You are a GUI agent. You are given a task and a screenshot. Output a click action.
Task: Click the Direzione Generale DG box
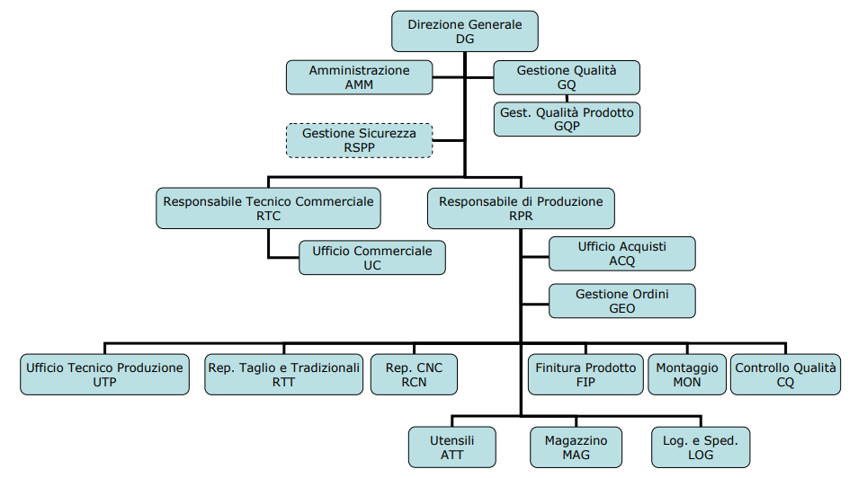[464, 31]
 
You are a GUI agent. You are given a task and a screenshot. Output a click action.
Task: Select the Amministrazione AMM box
[359, 77]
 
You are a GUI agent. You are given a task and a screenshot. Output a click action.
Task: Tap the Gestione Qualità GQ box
[567, 77]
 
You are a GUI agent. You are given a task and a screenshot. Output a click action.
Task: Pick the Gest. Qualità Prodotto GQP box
[567, 119]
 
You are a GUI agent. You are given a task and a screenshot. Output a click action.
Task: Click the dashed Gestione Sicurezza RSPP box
[359, 140]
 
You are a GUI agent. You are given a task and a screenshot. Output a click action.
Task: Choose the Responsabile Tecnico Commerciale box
[268, 208]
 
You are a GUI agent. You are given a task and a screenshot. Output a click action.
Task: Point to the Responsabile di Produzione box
[521, 208]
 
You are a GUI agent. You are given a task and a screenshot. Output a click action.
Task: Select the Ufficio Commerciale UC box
[371, 257]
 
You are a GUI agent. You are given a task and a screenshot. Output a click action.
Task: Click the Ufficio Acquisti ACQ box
[621, 253]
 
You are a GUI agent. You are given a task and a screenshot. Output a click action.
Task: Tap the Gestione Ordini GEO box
[621, 301]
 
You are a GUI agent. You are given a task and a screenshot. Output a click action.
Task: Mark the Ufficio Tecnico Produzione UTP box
[104, 375]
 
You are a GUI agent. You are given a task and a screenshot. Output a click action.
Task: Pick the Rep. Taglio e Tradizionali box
[283, 375]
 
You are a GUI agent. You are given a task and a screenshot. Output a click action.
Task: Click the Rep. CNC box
[414, 375]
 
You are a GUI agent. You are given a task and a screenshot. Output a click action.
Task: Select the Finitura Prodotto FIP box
[584, 375]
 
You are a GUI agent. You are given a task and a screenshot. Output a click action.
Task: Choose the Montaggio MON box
[687, 375]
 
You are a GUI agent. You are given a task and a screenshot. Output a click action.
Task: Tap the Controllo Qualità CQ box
[785, 375]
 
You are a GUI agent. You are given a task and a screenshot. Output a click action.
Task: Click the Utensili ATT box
[451, 447]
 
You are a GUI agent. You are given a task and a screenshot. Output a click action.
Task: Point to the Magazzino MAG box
[576, 447]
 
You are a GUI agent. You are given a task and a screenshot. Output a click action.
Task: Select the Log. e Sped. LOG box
[700, 447]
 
